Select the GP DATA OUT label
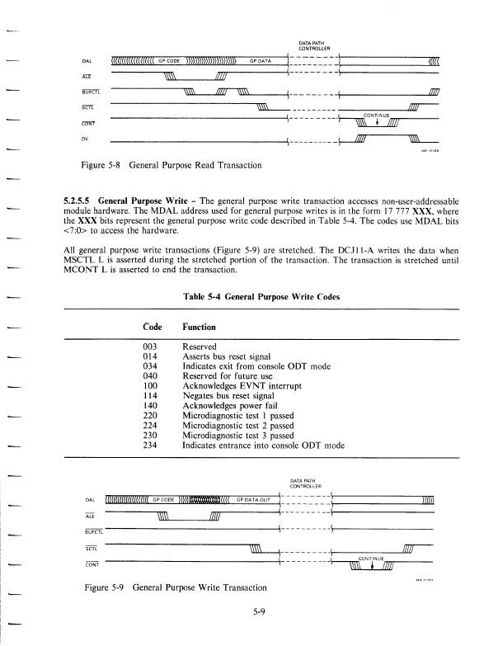(255, 499)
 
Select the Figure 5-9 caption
(173, 587)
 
